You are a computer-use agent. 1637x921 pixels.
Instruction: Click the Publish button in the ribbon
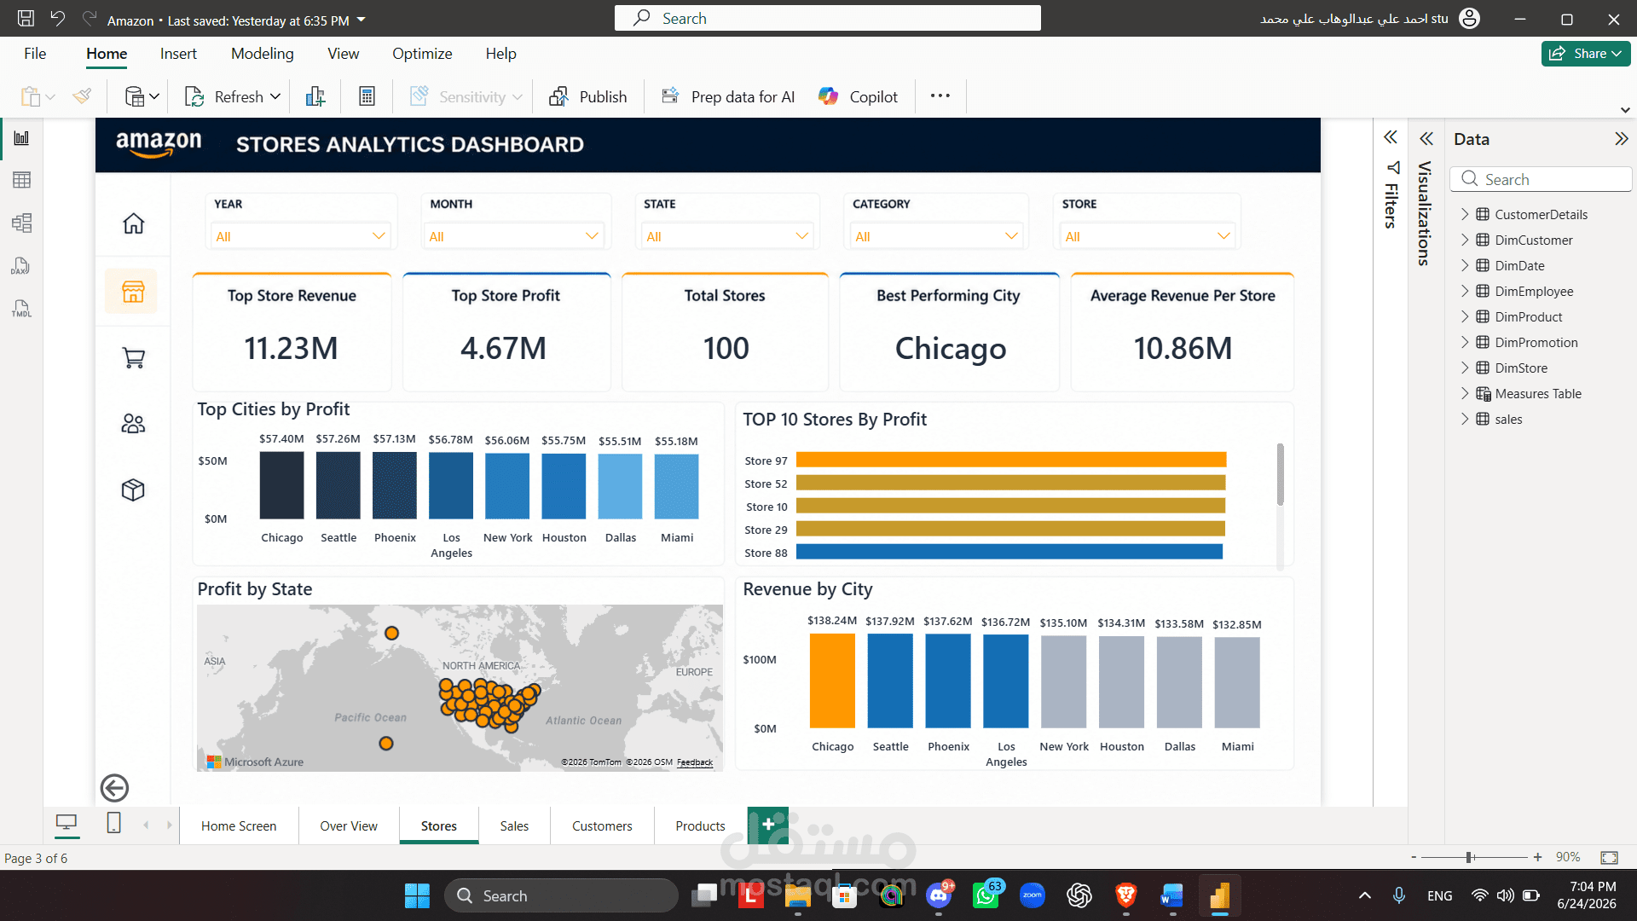pos(588,96)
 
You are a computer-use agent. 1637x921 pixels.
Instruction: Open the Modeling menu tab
pos(262,54)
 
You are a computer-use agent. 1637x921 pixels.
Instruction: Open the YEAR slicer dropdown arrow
pos(379,236)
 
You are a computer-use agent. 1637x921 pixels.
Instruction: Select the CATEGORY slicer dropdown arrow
pos(1011,236)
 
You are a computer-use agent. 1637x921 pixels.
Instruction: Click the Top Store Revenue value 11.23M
pos(292,348)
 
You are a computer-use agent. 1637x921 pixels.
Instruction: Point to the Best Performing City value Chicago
pos(951,349)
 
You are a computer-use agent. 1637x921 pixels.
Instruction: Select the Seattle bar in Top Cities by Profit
pos(338,485)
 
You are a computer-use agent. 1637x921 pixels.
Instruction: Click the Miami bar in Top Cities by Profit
pos(677,486)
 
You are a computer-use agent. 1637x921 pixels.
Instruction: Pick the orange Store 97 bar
pos(1011,460)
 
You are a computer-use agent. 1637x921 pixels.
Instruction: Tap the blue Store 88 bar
pos(1009,553)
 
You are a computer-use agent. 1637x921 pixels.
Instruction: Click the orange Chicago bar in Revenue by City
pos(832,681)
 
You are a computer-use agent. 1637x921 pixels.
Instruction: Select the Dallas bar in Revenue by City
pos(1180,682)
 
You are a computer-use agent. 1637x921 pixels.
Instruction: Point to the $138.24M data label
pos(832,621)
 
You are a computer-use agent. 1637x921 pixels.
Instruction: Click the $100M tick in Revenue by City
pos(760,660)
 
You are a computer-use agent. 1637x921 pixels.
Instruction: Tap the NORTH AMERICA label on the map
pos(481,666)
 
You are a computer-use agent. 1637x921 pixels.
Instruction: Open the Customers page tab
pos(602,825)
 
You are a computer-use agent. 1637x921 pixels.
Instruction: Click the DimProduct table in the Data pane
pos(1529,317)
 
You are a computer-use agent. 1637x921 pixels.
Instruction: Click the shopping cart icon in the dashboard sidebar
pos(134,358)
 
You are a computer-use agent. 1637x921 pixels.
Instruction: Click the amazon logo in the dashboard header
pos(159,144)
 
